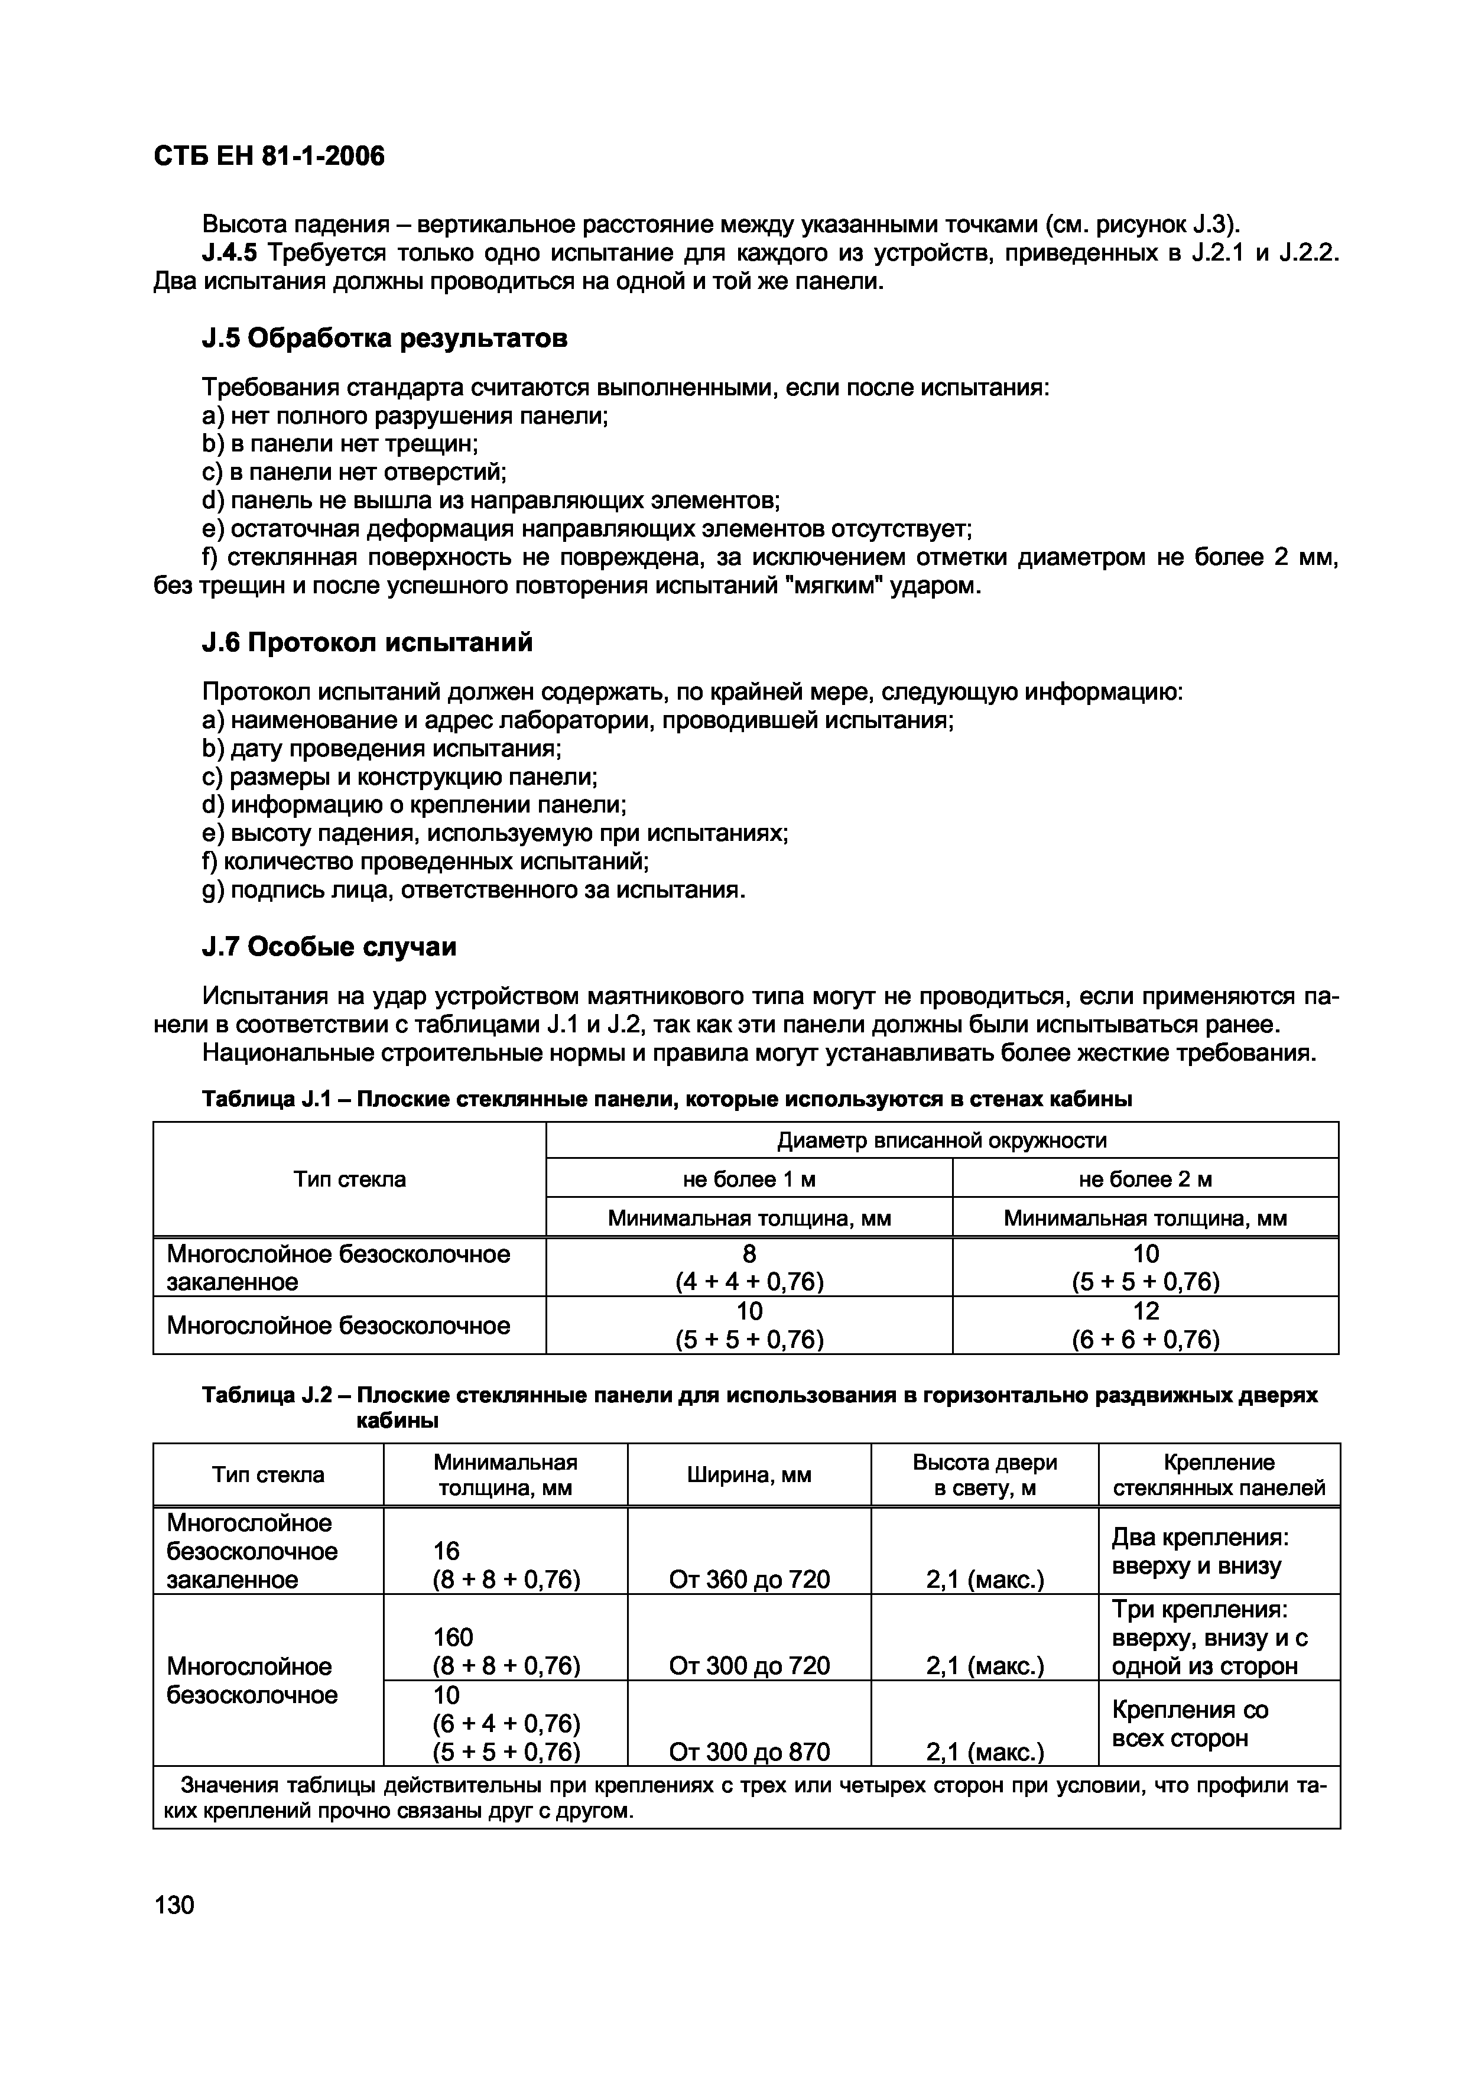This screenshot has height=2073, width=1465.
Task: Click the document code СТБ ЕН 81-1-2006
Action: pyautogui.click(x=269, y=157)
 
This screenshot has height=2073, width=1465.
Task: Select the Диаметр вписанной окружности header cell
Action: pyautogui.click(x=941, y=1141)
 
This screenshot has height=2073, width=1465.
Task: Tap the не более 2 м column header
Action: pyautogui.click(x=1145, y=1179)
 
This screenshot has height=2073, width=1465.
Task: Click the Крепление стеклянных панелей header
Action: pyautogui.click(x=1219, y=1474)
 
